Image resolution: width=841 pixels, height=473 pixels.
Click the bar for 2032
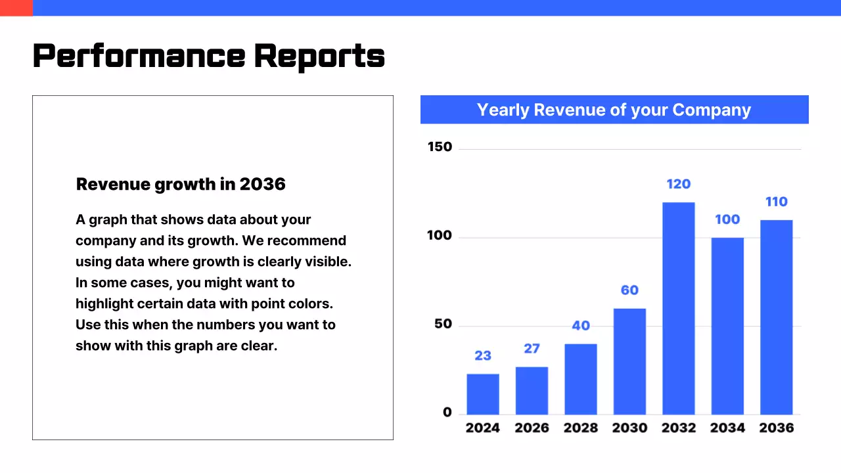tap(679, 308)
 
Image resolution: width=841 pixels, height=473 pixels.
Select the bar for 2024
tap(483, 394)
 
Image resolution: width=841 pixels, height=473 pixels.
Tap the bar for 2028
tap(581, 379)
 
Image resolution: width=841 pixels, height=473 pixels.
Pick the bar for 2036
tap(777, 317)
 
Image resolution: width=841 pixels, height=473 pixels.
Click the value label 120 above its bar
tap(679, 184)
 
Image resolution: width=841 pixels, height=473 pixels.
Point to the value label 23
tap(483, 355)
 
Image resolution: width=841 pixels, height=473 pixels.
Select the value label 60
tap(629, 290)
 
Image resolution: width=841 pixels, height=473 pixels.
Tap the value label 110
tap(777, 202)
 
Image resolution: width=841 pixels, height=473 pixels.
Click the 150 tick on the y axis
tap(440, 147)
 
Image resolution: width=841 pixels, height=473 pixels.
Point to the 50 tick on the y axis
tap(443, 324)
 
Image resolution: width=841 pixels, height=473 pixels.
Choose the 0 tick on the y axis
tap(447, 413)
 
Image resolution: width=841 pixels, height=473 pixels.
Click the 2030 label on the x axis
tap(629, 428)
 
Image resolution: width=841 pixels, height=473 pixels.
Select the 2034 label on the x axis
tap(727, 428)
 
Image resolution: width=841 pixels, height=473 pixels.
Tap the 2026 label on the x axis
tap(532, 428)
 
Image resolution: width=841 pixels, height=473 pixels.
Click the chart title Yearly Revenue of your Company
tap(614, 110)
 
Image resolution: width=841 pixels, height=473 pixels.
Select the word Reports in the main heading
tap(319, 56)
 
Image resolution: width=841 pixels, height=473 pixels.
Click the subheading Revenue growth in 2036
tap(181, 184)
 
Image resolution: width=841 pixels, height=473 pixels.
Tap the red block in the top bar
tap(16, 8)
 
